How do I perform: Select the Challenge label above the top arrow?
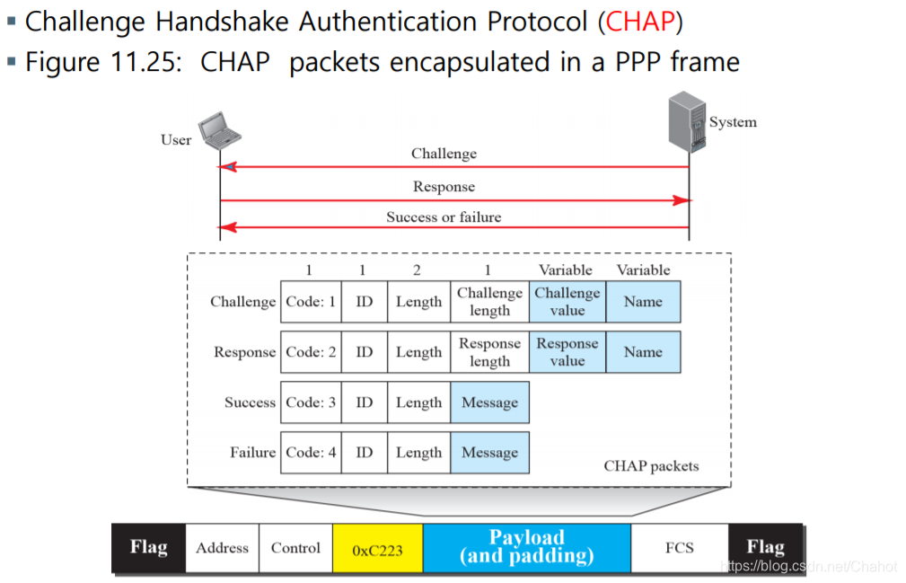[444, 154]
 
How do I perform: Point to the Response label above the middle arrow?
[444, 187]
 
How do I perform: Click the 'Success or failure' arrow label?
[444, 216]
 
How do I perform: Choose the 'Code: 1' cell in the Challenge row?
[311, 302]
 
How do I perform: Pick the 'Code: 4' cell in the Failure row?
[311, 453]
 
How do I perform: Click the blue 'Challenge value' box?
[567, 302]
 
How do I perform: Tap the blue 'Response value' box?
[567, 352]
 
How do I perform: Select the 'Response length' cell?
[489, 352]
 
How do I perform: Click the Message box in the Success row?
[489, 402]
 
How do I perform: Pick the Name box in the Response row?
[643, 352]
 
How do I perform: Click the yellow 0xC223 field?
[377, 549]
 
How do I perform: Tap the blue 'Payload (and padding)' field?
[527, 547]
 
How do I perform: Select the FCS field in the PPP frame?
[680, 547]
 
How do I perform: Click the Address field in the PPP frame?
[222, 548]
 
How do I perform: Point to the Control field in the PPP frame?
[295, 548]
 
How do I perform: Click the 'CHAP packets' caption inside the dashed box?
[651, 466]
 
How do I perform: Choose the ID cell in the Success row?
[364, 402]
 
